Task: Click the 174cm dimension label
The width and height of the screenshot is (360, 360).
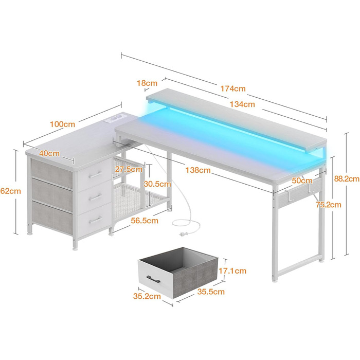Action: [233, 88]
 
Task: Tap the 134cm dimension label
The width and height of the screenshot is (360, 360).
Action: [242, 104]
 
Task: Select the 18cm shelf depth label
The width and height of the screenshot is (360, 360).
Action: [147, 83]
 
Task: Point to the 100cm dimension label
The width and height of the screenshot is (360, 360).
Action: [62, 124]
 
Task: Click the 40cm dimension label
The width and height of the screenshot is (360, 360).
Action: [49, 153]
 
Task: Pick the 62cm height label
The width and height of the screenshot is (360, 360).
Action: [11, 191]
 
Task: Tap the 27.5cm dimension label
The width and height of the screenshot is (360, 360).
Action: [129, 169]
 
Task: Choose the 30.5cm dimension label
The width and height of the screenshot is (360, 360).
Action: [157, 184]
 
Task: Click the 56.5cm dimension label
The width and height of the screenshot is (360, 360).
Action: [145, 221]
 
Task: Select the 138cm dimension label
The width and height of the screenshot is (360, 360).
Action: [198, 170]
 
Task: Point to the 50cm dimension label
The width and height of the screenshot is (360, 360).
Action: [302, 181]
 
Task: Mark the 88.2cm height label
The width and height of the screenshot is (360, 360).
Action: [347, 179]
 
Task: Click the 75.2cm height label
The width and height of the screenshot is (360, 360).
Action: [328, 205]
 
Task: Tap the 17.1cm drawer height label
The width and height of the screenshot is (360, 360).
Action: [232, 271]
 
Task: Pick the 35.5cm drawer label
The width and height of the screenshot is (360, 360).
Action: [211, 292]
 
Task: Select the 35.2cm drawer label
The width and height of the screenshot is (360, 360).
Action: [147, 296]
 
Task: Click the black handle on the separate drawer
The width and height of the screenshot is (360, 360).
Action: [153, 279]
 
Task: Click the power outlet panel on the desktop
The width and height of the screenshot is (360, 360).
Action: [114, 119]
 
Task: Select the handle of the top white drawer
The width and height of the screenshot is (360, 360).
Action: [95, 175]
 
